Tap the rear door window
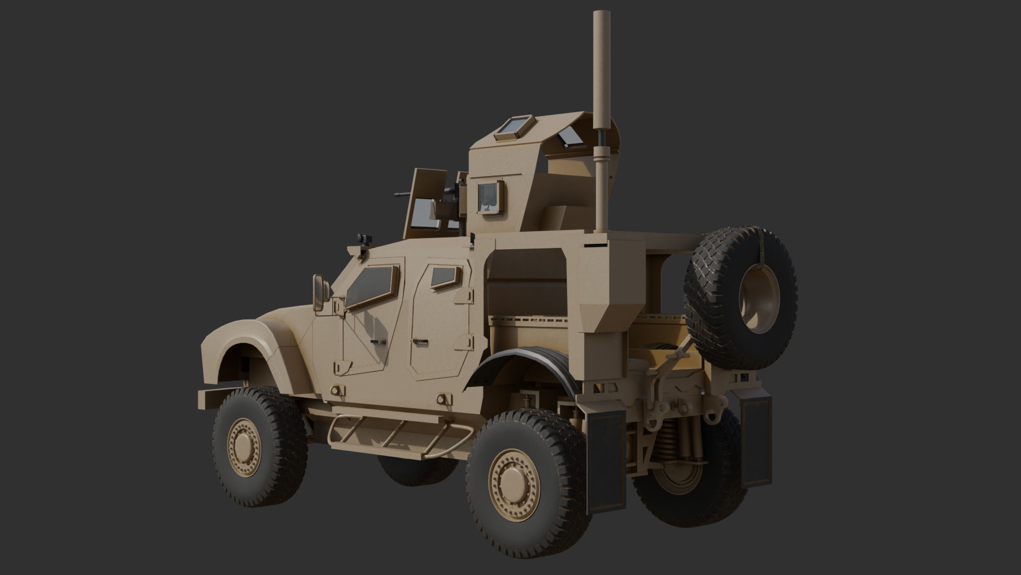point(445,276)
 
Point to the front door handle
point(378,340)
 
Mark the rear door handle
point(421,340)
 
